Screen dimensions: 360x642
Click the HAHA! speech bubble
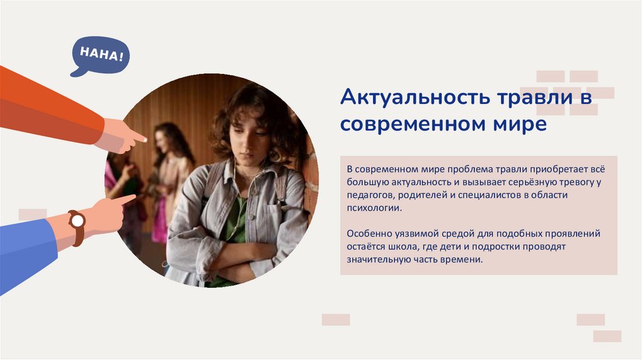tap(97, 56)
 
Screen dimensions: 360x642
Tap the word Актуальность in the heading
tap(399, 98)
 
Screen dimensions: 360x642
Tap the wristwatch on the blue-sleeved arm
tap(77, 221)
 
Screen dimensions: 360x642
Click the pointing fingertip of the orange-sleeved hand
tap(144, 139)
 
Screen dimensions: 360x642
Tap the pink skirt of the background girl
tap(159, 223)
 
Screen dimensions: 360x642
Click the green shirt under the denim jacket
tap(235, 216)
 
